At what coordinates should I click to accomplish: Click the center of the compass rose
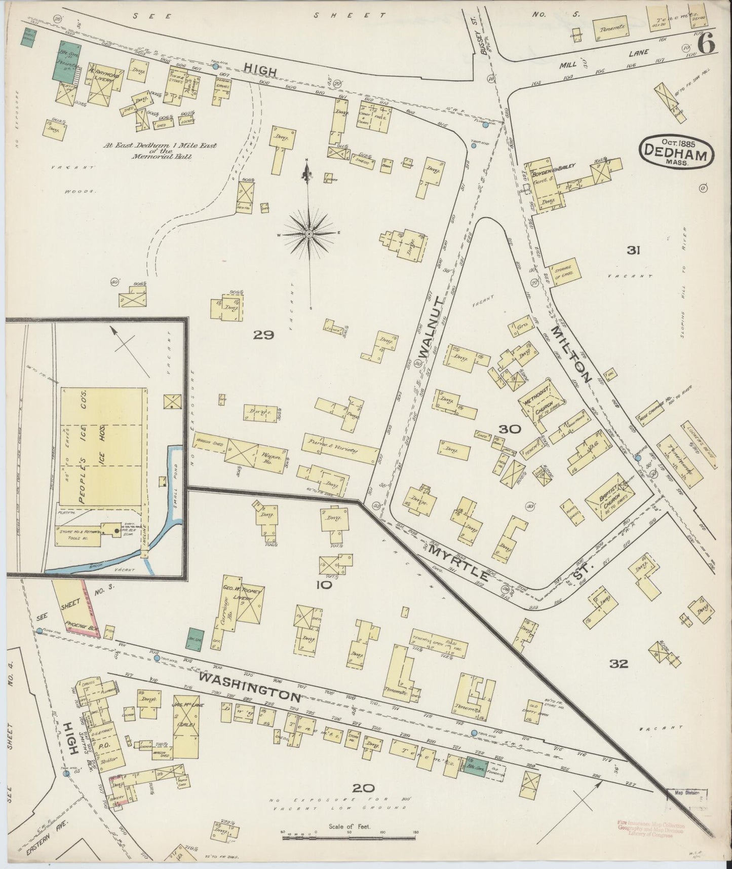click(309, 234)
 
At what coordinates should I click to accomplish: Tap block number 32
click(619, 664)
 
